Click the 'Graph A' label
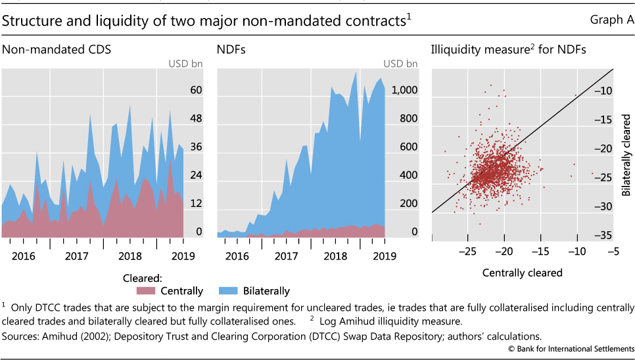(612, 20)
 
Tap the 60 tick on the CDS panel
(196, 91)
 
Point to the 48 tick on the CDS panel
(196, 119)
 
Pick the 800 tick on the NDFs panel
(409, 119)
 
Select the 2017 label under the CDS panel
(77, 255)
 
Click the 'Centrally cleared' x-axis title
(522, 272)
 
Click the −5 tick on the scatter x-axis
(613, 252)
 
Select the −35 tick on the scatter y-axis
(604, 235)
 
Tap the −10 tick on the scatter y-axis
(604, 91)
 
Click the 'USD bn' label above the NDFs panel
(400, 64)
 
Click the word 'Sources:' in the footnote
(20, 335)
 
